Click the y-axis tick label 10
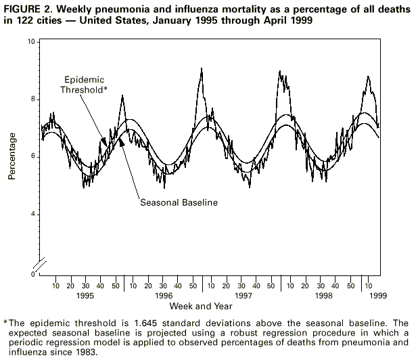31,42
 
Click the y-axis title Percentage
12,156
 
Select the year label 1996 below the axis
163,296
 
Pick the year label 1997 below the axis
243,296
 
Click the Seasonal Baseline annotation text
179,202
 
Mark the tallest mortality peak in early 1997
202,68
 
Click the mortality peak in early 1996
122,96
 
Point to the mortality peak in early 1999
367,76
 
